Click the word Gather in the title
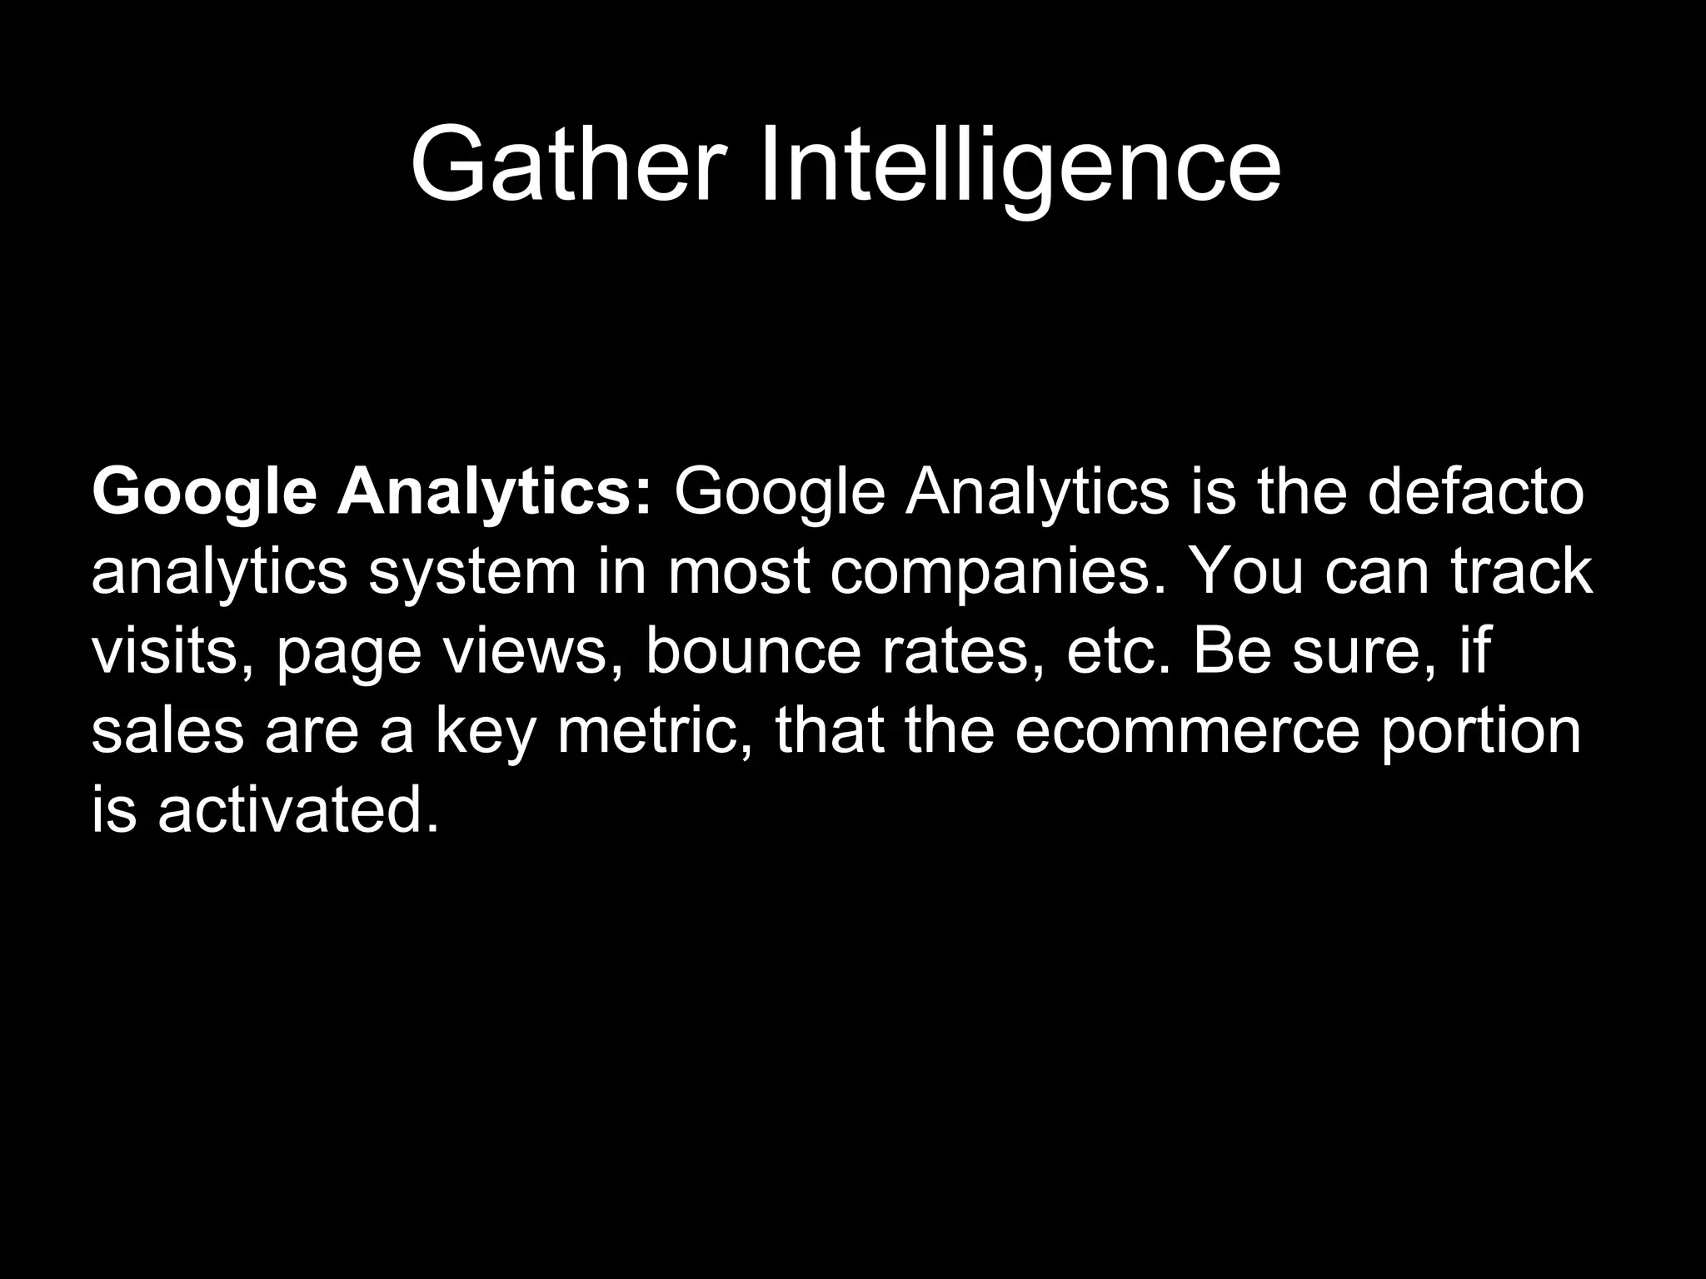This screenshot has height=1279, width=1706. [564, 165]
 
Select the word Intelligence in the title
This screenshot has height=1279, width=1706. [1020, 165]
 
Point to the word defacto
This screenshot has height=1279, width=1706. [1475, 491]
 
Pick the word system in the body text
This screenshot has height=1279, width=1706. [472, 573]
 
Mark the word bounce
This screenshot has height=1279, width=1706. [753, 651]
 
